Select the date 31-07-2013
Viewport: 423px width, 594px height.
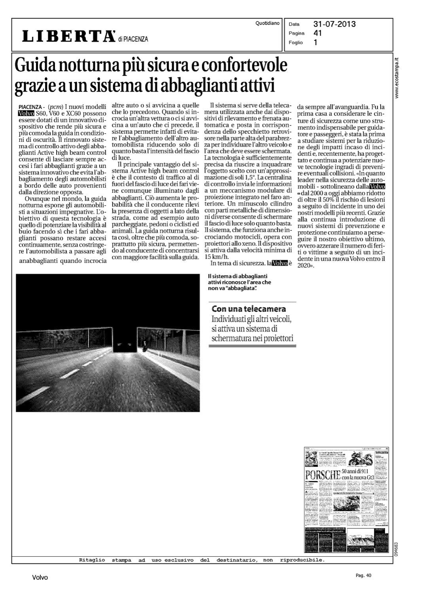[334, 24]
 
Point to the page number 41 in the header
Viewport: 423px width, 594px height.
[317, 33]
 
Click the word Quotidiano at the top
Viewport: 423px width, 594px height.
[267, 24]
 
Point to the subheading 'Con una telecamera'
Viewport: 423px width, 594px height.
[249, 308]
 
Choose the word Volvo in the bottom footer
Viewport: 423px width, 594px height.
[40, 578]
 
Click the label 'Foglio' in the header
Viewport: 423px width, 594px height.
[296, 42]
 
